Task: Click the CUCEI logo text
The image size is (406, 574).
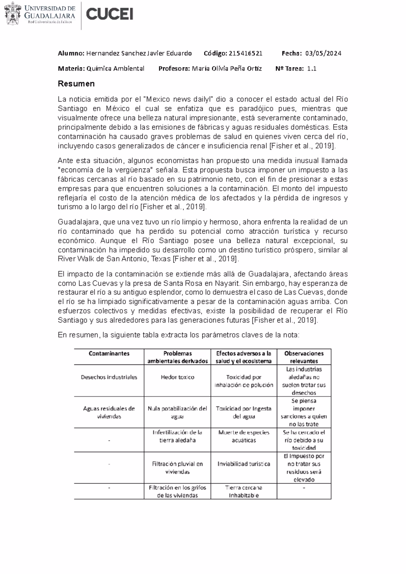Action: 110,15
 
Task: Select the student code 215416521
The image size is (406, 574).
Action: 245,53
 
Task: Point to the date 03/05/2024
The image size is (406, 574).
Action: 323,53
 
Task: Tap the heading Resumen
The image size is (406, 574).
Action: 76,84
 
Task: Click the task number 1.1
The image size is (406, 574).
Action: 312,69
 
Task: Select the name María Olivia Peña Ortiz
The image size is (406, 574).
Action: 227,69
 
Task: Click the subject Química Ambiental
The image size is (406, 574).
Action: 115,69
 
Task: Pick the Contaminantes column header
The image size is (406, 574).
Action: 109,353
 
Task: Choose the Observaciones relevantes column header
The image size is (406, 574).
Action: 304,357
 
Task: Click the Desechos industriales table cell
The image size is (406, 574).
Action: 109,377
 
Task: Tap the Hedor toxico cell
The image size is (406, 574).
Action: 177,377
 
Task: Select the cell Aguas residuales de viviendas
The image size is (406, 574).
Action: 109,412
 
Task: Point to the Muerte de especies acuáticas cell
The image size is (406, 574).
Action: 244,436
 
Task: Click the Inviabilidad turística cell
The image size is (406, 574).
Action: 244,464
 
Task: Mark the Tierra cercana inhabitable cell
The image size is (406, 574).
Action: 244,491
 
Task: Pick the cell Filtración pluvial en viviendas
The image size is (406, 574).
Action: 177,468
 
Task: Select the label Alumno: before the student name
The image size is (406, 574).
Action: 71,53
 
